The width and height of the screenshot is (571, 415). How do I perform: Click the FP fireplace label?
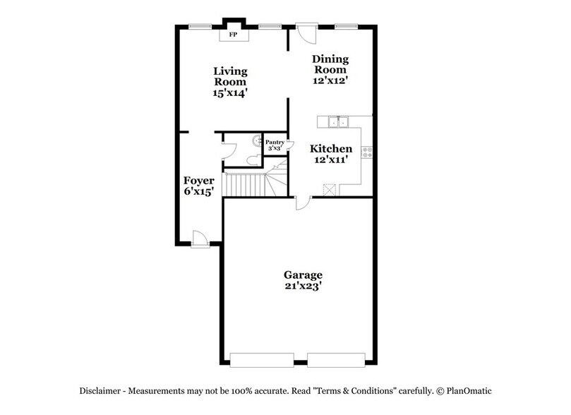[232, 33]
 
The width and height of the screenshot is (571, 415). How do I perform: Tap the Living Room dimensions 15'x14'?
[231, 92]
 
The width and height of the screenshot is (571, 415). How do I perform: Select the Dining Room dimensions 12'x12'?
[331, 80]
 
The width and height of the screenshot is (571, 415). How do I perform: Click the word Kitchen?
[331, 149]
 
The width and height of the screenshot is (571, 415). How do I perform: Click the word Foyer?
[199, 180]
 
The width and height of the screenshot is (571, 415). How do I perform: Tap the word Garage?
[303, 274]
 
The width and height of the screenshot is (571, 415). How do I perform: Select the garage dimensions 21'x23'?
[303, 287]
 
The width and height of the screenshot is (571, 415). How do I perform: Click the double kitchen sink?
[339, 123]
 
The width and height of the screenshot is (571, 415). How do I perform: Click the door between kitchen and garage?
[302, 203]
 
